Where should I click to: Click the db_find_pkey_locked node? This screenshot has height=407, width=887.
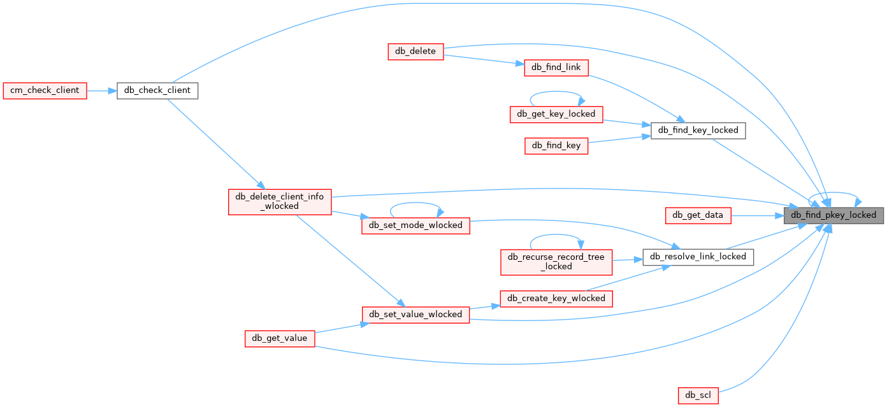[x=833, y=215]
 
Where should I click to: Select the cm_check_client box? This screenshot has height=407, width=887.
[x=45, y=90]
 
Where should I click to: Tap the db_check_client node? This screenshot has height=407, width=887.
[x=157, y=90]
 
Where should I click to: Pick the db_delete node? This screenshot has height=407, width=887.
[x=415, y=52]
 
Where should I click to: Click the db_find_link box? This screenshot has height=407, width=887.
[x=556, y=68]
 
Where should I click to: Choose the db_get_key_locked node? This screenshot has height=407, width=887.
[x=556, y=114]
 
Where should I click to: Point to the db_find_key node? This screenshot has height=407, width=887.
[x=556, y=145]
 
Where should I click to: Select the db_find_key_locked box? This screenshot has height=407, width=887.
[x=698, y=130]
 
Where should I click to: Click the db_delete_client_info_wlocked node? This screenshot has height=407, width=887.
[x=280, y=201]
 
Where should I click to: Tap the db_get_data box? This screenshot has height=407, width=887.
[x=698, y=215]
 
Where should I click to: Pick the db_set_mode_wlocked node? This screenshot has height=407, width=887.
[x=415, y=225]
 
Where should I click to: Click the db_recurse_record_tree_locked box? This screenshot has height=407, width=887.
[x=556, y=261]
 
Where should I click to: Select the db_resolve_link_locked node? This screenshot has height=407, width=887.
[x=698, y=257]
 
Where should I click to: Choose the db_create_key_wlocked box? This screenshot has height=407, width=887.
[x=556, y=298]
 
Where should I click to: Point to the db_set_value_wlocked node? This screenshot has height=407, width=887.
[x=415, y=314]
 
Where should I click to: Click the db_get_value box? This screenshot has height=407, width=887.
[x=280, y=338]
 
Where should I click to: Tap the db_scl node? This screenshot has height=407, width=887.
[x=698, y=395]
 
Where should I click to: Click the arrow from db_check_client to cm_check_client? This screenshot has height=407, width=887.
[x=101, y=90]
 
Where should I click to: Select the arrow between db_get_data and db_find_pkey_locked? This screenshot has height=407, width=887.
[x=759, y=215]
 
